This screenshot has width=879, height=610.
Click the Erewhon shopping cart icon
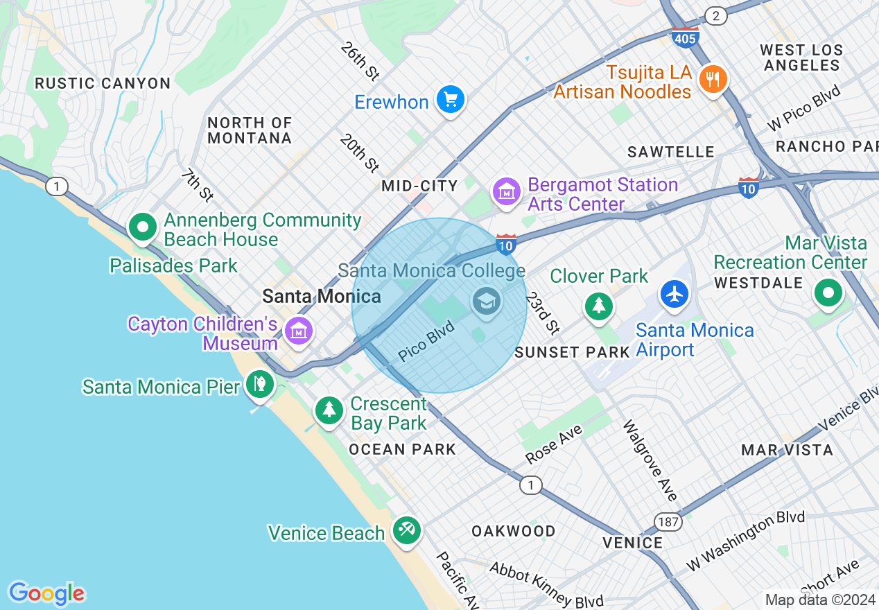coord(451,101)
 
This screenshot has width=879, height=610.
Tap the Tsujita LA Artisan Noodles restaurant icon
coord(712,79)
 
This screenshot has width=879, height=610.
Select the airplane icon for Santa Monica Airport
coord(674,293)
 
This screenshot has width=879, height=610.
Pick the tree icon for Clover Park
coord(598,306)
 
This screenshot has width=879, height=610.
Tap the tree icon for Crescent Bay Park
coord(329,410)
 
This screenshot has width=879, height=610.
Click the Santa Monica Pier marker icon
coord(260,384)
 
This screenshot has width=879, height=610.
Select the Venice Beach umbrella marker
coord(406,531)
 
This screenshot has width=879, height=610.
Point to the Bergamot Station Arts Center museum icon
coord(507,192)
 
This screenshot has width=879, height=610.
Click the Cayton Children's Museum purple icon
coord(299,331)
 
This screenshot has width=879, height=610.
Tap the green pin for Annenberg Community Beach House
coord(143,227)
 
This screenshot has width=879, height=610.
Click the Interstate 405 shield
coord(684,38)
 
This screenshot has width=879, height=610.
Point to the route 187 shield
coord(668,521)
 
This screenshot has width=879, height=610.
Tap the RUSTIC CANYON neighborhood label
coord(103,83)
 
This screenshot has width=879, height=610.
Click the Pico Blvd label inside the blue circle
coord(426,342)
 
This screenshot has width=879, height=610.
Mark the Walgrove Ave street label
coord(649,460)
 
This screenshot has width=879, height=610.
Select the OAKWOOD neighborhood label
coord(513,531)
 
